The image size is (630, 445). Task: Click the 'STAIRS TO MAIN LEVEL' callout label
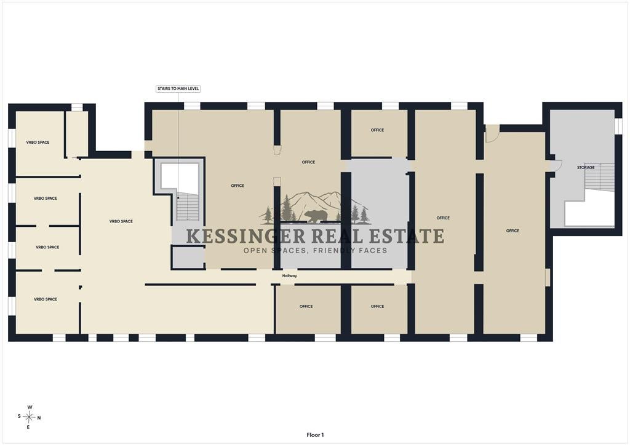[x=178, y=89]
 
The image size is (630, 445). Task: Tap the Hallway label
[x=289, y=276]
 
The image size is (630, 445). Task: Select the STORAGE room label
[x=586, y=167]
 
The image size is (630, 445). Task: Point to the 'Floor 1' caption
[x=315, y=435]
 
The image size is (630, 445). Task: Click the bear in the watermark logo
[x=316, y=217]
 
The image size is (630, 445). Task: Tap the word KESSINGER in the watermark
[x=246, y=236]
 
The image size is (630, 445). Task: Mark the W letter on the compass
[x=30, y=407]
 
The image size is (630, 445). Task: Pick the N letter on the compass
[x=39, y=418]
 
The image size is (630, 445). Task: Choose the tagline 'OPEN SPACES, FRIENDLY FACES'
[x=316, y=251]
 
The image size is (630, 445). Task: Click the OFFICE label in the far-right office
[x=512, y=230]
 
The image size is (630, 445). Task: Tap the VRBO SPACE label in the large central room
[x=121, y=221]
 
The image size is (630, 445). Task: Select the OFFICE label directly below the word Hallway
[x=306, y=306]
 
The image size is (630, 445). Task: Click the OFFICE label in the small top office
[x=377, y=130]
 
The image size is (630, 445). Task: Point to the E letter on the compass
[x=28, y=428]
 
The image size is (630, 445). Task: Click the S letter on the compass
[x=19, y=416]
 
